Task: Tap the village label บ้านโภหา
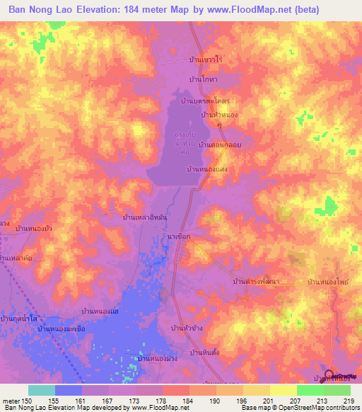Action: click(x=203, y=79)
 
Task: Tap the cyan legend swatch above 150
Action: click(x=40, y=390)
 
